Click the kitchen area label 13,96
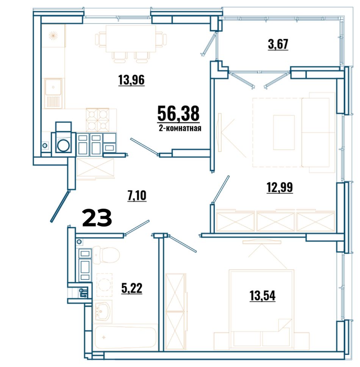pos(131,80)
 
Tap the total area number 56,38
pos(178,113)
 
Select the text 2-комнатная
pos(180,128)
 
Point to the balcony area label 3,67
pos(278,44)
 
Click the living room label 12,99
pos(280,188)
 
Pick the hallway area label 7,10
pos(137,196)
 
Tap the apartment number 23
pos(97,218)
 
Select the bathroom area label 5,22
pos(132,288)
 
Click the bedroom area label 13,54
pos(263,295)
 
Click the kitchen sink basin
pos(53,87)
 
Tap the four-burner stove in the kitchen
pos(97,120)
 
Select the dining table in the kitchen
pos(131,39)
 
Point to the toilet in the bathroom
pos(106,255)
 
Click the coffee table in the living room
pos(284,132)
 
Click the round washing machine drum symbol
pos(64,145)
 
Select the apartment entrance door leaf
pos(60,206)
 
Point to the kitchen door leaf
pos(144,147)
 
